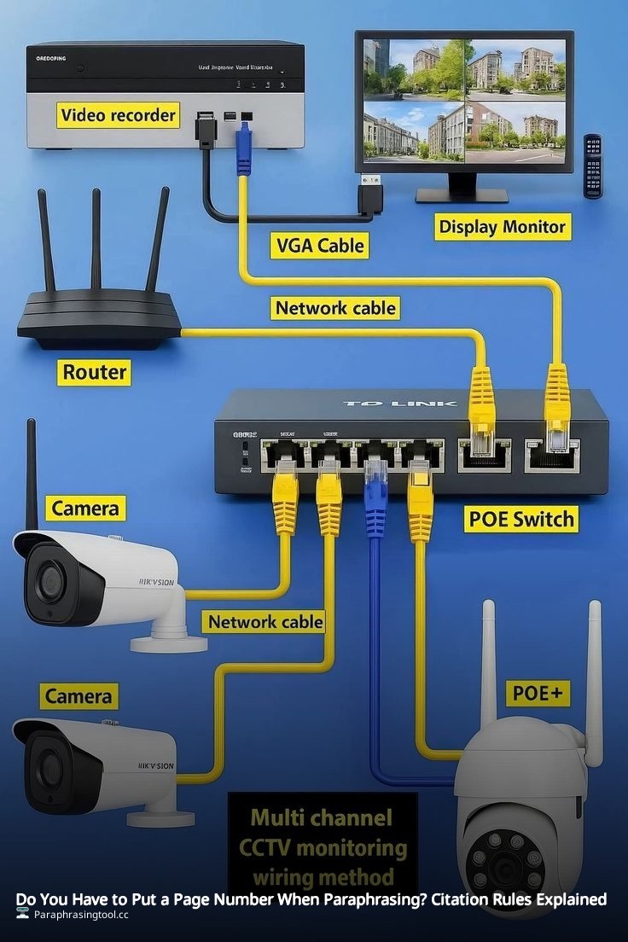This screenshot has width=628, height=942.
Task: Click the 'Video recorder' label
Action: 118,114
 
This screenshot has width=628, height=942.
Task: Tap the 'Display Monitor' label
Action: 502,227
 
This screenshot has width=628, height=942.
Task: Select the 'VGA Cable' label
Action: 320,246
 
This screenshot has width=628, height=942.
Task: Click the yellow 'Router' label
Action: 94,372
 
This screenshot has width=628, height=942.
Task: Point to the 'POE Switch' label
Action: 521,518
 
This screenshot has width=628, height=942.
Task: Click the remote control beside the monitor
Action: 592,166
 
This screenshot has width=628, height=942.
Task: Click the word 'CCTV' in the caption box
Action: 270,847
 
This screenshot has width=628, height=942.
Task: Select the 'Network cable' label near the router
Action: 335,307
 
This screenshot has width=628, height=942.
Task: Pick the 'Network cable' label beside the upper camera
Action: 265,621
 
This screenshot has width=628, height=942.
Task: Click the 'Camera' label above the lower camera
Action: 78,696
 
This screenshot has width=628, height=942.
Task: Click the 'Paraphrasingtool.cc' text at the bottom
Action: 81,914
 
